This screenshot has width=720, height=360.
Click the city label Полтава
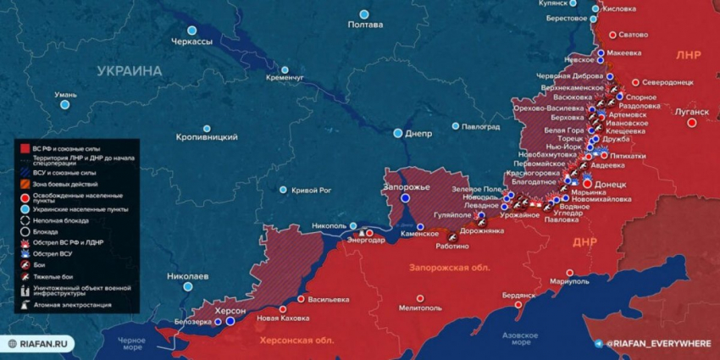point(365,25)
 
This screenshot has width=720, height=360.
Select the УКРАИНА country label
point(129,71)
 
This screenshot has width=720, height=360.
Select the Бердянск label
point(518,296)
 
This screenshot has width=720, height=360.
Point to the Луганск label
point(691,111)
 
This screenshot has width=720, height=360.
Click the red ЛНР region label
point(688,54)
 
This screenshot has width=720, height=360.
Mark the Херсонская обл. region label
point(296,340)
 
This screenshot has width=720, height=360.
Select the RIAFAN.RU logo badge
point(42,344)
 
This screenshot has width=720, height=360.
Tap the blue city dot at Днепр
point(398,133)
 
